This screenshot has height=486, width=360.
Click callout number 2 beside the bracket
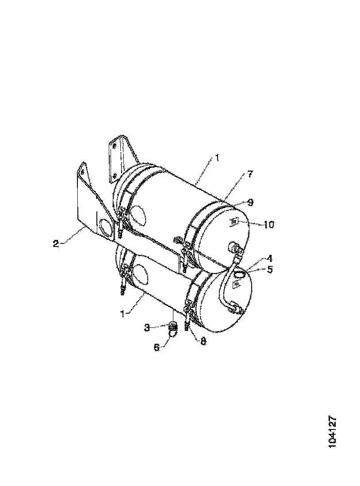pos(56,243)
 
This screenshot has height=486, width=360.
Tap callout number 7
pos(250,174)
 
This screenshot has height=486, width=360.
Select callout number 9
pos(250,202)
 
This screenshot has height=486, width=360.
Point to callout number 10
pos(268,224)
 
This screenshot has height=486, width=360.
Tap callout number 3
pos(148,327)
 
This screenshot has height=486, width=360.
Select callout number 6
pos(157,347)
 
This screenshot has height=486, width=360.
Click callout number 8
pos(203,341)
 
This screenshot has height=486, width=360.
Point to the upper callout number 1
pos(217,158)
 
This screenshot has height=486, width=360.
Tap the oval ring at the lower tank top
pos(239,274)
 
